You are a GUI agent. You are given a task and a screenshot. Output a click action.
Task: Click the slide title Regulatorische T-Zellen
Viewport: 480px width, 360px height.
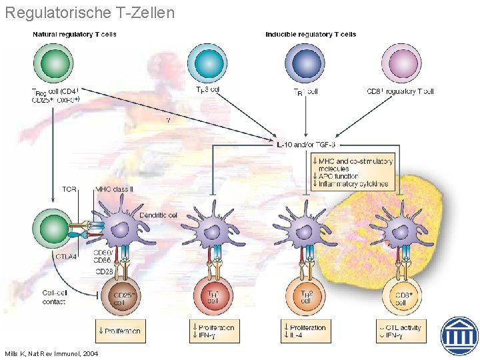tap(89, 12)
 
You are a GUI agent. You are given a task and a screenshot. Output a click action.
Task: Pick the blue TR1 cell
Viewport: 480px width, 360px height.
tap(305, 63)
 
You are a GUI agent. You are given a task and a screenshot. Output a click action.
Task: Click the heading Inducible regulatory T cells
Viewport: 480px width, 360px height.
tap(311, 34)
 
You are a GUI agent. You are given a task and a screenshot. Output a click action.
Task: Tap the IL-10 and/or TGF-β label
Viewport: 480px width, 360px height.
tap(306, 144)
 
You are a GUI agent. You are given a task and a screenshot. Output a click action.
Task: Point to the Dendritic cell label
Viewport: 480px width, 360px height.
tap(158, 215)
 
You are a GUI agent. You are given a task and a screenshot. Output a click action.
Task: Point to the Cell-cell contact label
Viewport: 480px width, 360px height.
tap(53, 297)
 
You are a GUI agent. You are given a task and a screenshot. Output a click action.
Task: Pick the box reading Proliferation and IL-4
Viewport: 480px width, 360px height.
tap(305, 331)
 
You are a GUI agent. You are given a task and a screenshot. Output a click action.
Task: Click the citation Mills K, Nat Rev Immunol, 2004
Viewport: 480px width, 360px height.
tap(51, 353)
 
